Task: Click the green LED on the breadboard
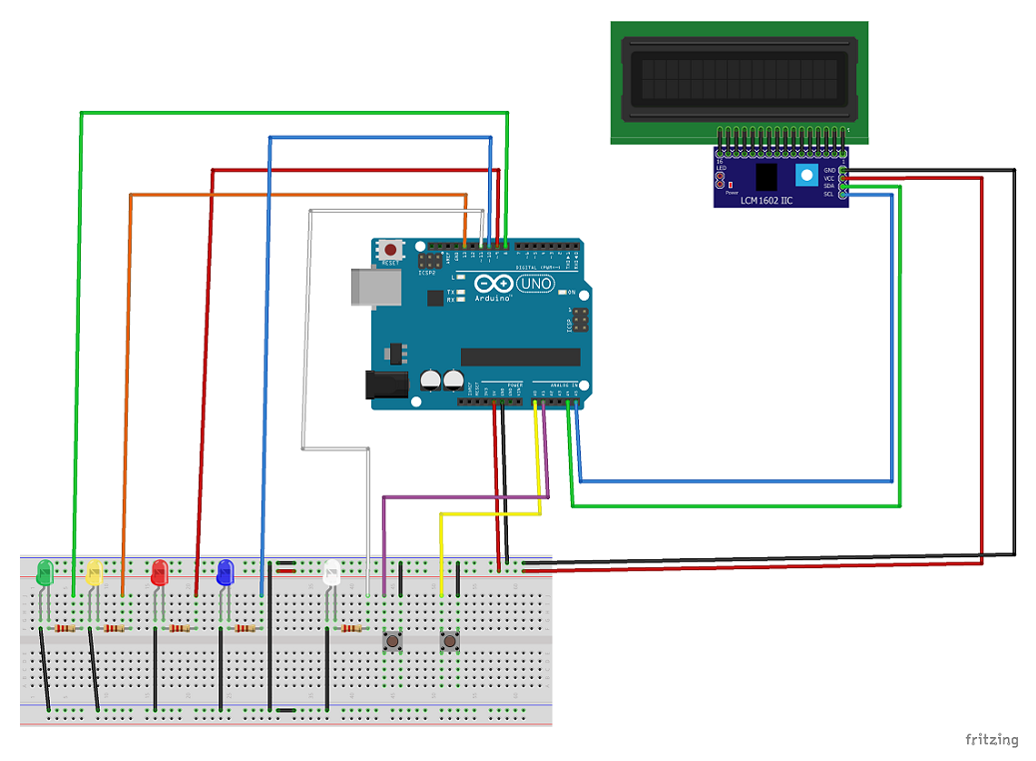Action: pyautogui.click(x=44, y=573)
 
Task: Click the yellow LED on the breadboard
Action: pyautogui.click(x=95, y=572)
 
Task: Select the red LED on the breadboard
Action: pyautogui.click(x=159, y=572)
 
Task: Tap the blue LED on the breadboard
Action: pyautogui.click(x=225, y=572)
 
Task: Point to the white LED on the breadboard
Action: pyautogui.click(x=332, y=572)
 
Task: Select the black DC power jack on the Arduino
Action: pyautogui.click(x=387, y=386)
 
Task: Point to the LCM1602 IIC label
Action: pyautogui.click(x=767, y=201)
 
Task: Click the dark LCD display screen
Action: pyautogui.click(x=739, y=78)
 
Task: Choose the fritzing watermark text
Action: pyautogui.click(x=991, y=740)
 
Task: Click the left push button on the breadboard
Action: pyautogui.click(x=394, y=639)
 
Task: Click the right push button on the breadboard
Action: pyautogui.click(x=450, y=639)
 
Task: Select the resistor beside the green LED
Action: pyautogui.click(x=66, y=628)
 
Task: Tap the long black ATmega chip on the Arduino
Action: pyautogui.click(x=520, y=357)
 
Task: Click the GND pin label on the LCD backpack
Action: pyautogui.click(x=828, y=170)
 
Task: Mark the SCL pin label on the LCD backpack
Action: pyautogui.click(x=828, y=194)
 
